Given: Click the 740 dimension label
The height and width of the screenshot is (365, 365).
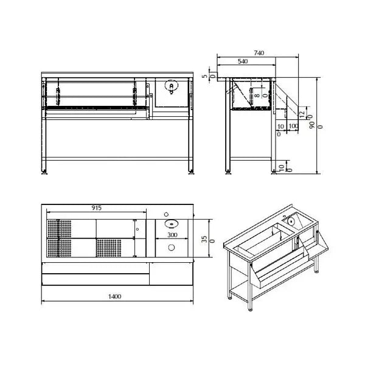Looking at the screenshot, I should pos(259,54).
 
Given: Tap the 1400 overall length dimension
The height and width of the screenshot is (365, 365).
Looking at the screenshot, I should pos(116,296).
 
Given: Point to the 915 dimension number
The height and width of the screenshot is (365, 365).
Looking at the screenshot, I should pos(96,208).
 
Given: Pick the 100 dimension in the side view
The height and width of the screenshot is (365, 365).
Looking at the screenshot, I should pos(293,126).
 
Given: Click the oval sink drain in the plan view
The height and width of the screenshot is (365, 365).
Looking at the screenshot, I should pos(170,223).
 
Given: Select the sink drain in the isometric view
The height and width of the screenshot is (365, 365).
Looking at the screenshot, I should pos(294,220).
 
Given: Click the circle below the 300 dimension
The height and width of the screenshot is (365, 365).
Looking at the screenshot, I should pos(172,248).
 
